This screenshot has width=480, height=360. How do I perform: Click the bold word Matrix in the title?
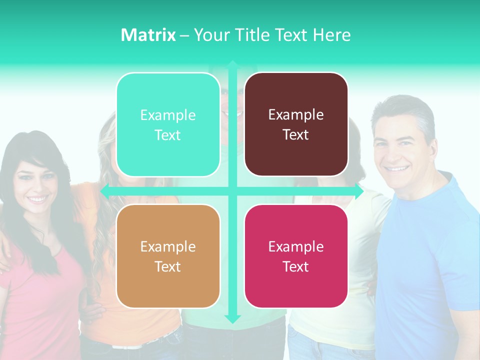(x=148, y=35)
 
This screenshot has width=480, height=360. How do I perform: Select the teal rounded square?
(x=168, y=124)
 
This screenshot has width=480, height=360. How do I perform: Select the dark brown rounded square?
(x=296, y=124)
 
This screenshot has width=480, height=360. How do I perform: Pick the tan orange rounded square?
(x=168, y=256)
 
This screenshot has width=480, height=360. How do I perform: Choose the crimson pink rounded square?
(x=296, y=256)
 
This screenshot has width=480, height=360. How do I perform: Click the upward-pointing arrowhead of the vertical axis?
(x=232, y=64)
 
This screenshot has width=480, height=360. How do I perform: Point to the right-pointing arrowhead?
(x=359, y=191)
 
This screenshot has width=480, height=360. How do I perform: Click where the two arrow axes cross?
(x=232, y=191)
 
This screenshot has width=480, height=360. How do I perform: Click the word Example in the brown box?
(x=296, y=114)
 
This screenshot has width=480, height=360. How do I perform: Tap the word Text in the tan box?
(x=167, y=266)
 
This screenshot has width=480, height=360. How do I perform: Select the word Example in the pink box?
(x=296, y=246)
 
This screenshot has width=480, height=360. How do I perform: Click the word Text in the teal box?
(x=167, y=135)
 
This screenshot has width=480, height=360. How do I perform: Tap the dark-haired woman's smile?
(x=38, y=199)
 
